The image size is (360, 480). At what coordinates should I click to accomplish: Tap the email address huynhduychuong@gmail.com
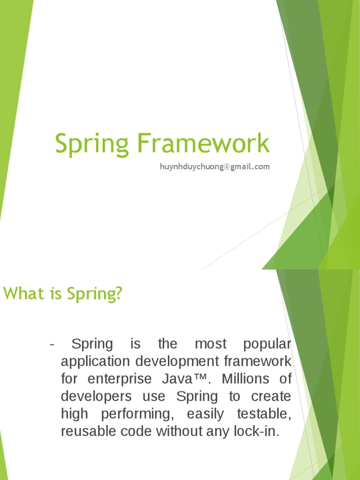pyautogui.click(x=215, y=166)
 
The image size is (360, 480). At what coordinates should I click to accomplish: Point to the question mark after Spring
pyautogui.click(x=119, y=294)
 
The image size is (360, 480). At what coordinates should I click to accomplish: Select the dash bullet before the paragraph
pyautogui.click(x=52, y=345)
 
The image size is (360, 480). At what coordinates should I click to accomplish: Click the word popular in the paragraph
pyautogui.click(x=267, y=345)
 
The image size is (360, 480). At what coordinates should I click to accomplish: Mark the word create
pyautogui.click(x=271, y=397)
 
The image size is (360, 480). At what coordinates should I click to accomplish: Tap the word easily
pyautogui.click(x=205, y=414)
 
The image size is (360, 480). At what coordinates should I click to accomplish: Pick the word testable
pyautogui.click(x=263, y=414)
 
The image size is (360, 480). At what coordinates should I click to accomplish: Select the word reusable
pyautogui.click(x=88, y=431)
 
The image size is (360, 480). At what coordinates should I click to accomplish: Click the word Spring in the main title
pyautogui.click(x=92, y=144)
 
